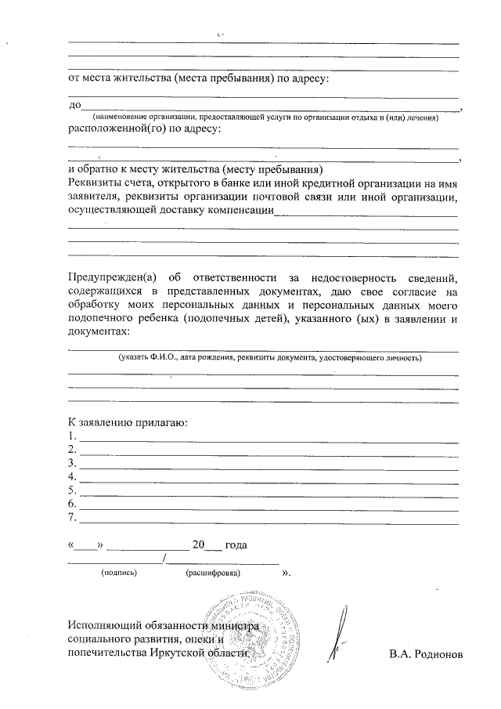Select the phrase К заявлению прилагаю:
point(127,423)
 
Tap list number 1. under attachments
point(72,436)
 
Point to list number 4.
point(72,476)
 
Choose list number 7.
point(72,517)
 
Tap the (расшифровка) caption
point(214,573)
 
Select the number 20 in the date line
point(198,544)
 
